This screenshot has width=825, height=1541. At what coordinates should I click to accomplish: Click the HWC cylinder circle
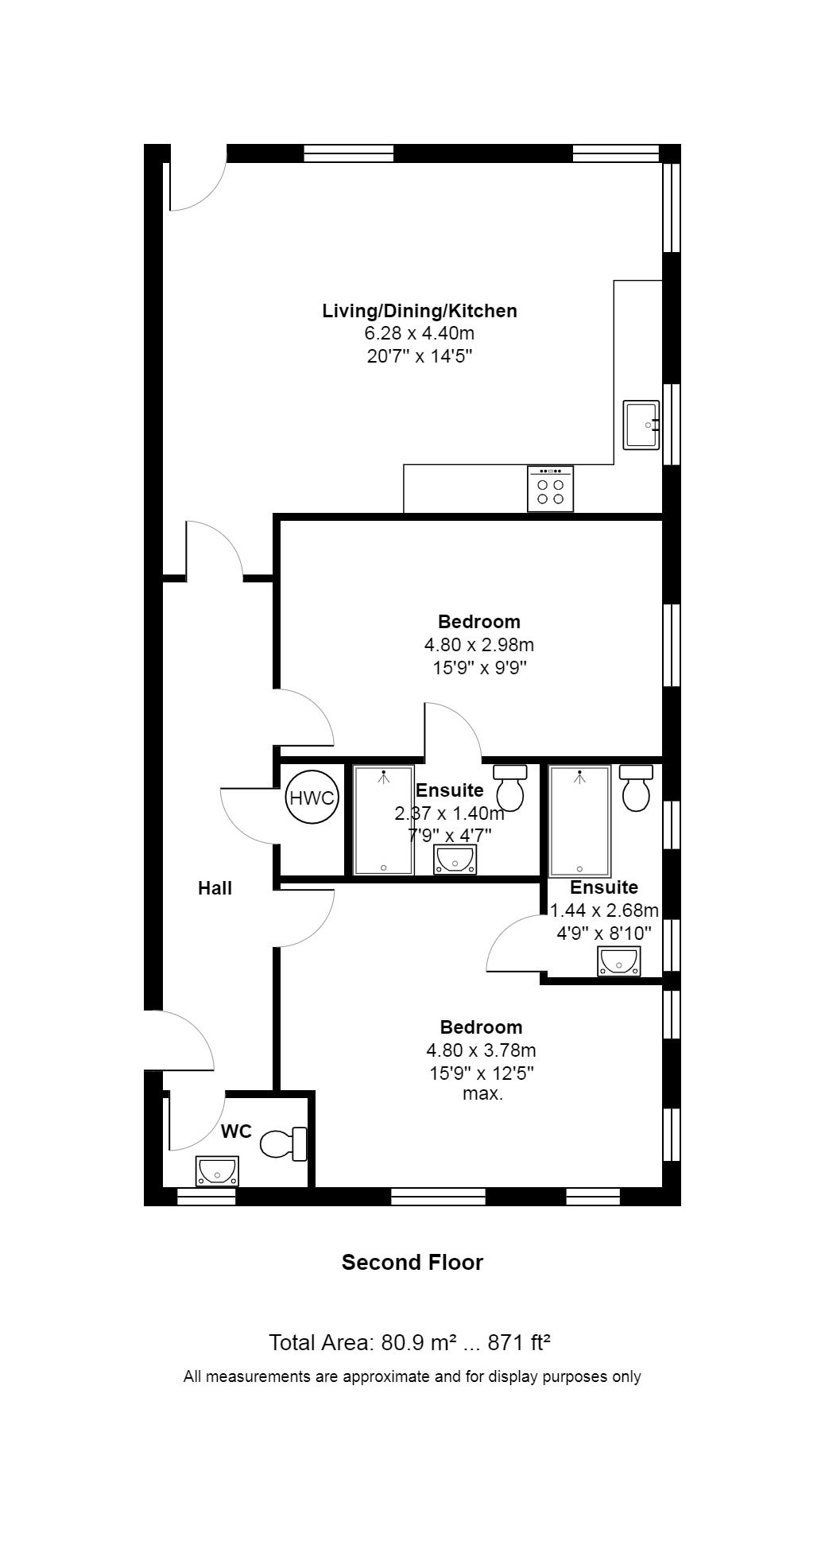[312, 798]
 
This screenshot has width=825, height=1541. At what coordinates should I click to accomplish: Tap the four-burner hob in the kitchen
[550, 489]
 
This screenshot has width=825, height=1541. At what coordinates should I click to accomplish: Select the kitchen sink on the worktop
[641, 425]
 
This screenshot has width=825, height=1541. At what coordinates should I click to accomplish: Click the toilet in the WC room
[284, 1143]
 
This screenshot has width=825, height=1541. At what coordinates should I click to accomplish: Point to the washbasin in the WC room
[217, 1171]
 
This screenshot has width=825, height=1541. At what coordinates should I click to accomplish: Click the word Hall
[215, 888]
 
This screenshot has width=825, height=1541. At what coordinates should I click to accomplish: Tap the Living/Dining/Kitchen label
[420, 311]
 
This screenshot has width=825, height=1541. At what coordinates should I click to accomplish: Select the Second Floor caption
[412, 1262]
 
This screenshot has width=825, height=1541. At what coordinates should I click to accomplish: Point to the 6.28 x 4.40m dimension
[420, 333]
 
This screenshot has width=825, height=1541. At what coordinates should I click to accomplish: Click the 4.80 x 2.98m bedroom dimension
[478, 644]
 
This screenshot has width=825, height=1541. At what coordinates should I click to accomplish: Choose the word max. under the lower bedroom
[483, 1094]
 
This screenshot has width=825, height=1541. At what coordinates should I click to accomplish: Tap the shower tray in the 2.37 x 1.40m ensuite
[384, 821]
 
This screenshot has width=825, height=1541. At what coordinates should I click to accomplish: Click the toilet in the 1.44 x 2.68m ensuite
[637, 788]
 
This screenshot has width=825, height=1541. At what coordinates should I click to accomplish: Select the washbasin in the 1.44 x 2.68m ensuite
[618, 961]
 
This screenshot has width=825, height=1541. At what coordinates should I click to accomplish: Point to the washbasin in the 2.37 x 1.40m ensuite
[455, 860]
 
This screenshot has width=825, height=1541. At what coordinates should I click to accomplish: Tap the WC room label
[236, 1131]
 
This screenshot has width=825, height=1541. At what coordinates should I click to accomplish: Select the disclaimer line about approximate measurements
[412, 1376]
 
